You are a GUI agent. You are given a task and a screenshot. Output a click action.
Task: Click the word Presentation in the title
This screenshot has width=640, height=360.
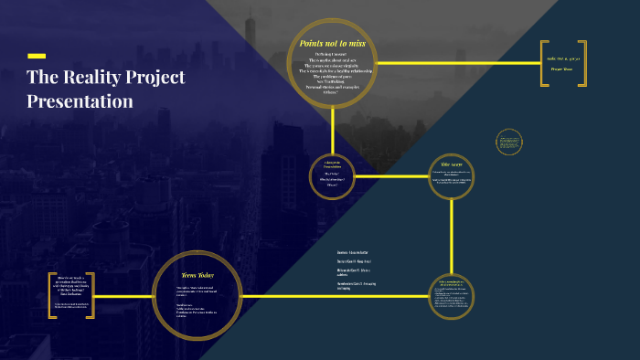pos(80,101)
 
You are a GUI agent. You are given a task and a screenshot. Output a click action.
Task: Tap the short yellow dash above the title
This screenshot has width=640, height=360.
pos(37,56)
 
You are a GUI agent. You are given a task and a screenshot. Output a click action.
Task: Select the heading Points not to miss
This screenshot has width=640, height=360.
pos(331,43)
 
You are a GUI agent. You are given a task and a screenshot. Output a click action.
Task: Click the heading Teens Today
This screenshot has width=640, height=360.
pos(197,274)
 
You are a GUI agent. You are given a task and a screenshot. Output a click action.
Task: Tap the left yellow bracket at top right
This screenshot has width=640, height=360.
pos(543,63)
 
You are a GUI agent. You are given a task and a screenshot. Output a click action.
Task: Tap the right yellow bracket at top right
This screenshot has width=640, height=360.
pos(601,63)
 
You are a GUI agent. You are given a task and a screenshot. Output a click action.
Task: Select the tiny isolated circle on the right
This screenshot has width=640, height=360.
pos(508,142)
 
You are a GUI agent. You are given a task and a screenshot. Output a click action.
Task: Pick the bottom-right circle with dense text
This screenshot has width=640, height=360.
pos(452,297)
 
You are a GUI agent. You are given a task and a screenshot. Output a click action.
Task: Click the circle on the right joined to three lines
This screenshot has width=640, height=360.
pos(452,175)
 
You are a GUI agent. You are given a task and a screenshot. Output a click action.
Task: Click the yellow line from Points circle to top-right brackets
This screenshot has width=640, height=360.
pos(457,63)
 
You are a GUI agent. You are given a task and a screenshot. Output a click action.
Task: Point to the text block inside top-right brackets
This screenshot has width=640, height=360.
pos(571,63)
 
